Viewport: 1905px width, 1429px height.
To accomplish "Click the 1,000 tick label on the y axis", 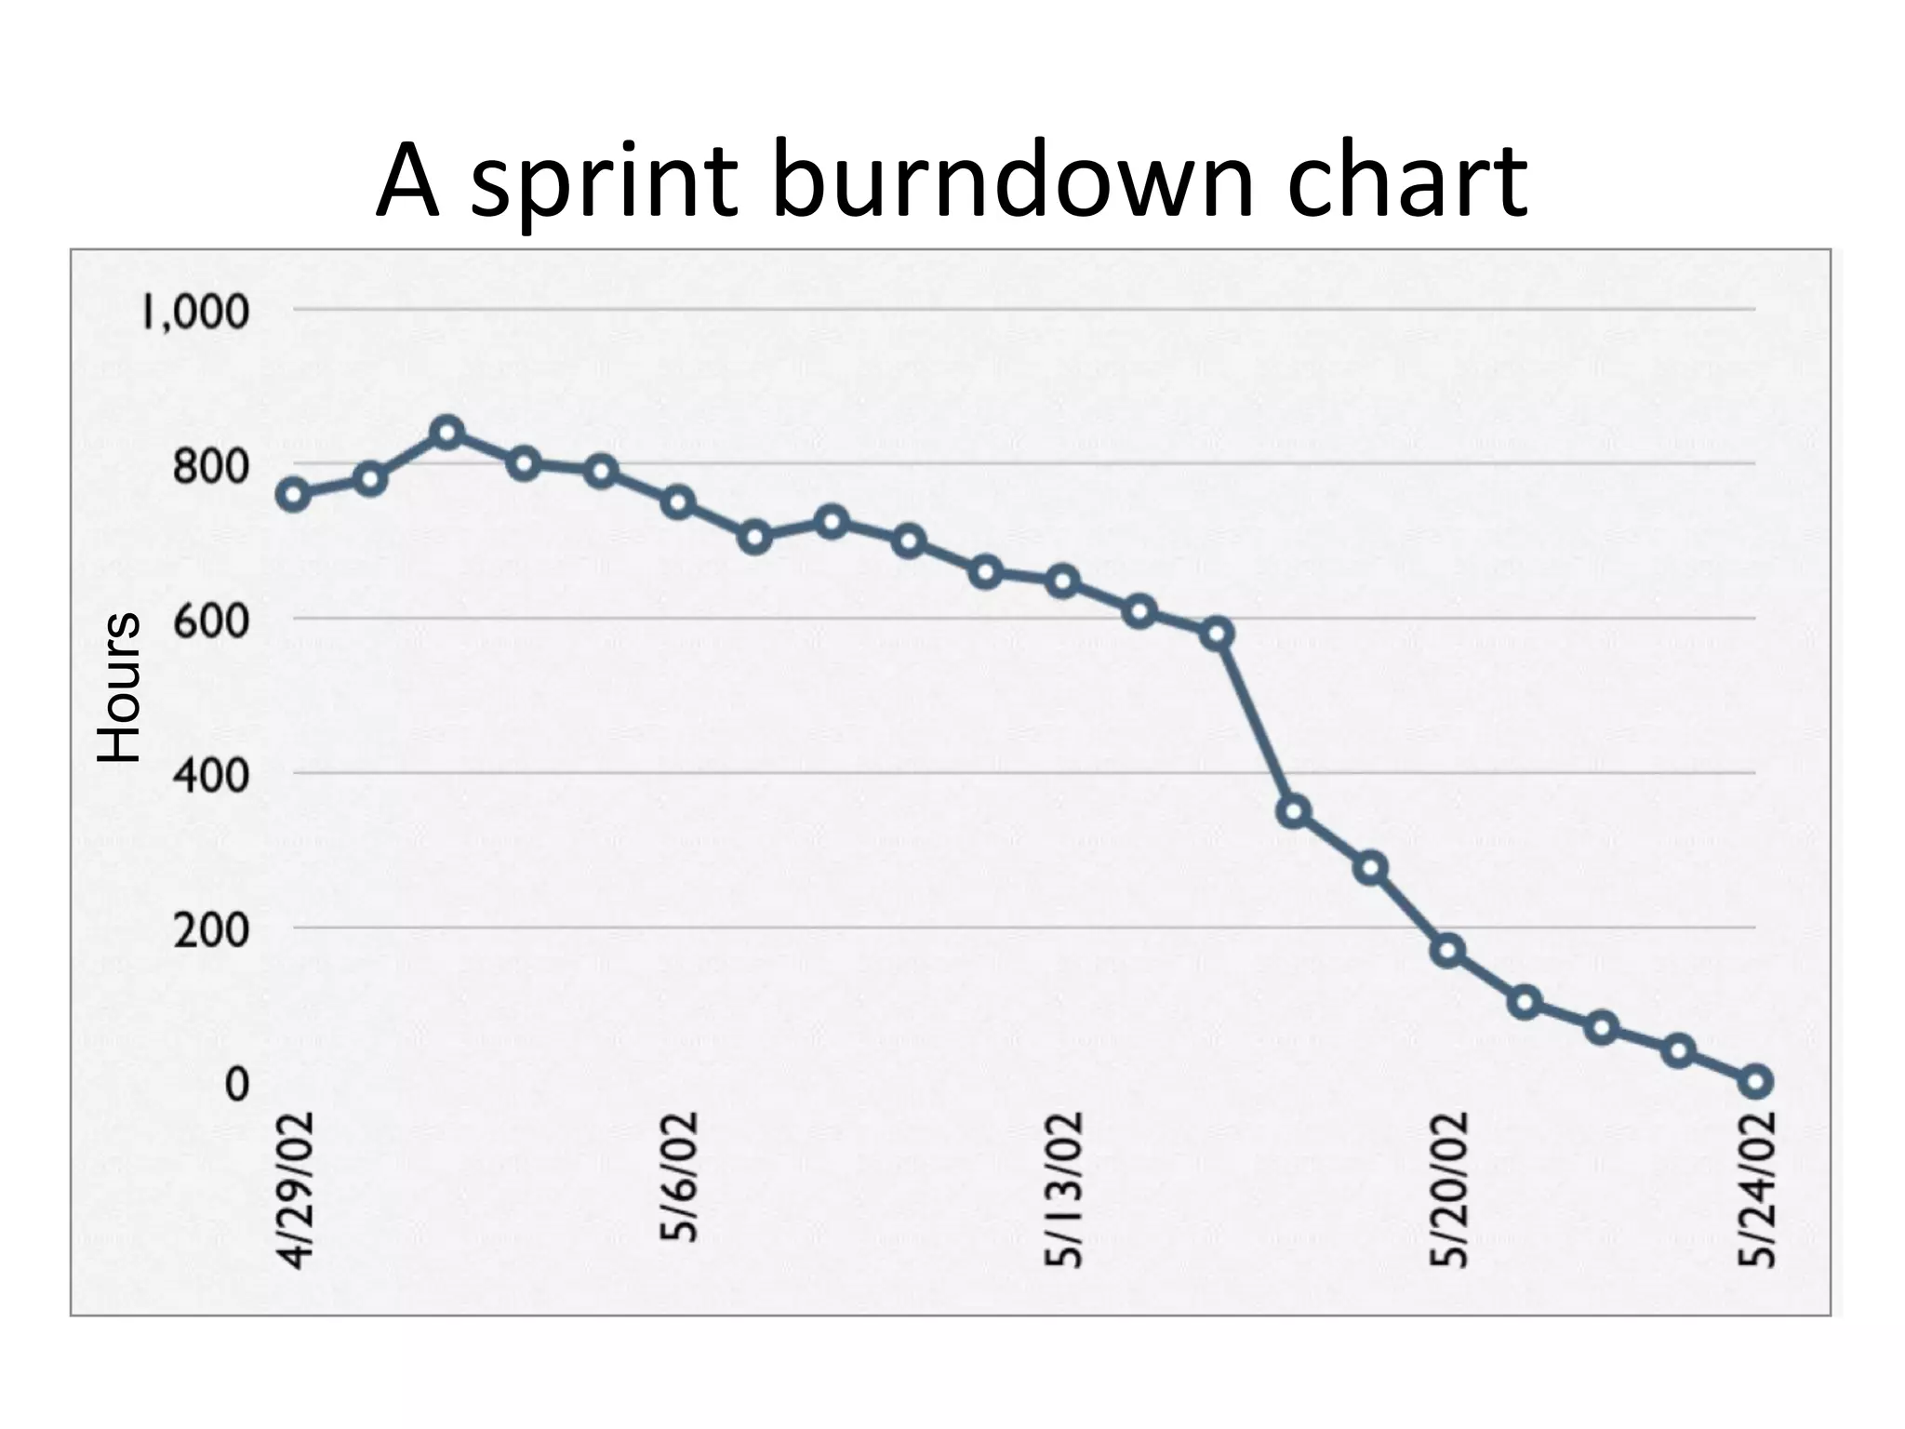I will point(195,312).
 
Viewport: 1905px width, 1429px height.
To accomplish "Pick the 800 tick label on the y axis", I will point(211,465).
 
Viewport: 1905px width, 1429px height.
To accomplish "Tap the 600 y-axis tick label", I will point(211,620).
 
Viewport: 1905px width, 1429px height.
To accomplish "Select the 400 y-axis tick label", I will point(211,774).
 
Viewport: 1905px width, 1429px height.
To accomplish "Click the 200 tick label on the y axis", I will point(211,928).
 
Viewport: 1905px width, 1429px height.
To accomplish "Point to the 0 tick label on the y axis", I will point(236,1084).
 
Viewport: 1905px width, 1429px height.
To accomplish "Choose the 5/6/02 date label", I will point(680,1176).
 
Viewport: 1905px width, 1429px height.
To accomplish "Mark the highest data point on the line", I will point(448,433).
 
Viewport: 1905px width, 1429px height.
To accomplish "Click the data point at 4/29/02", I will point(294,495).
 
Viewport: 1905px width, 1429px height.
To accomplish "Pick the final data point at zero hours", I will point(1756,1081).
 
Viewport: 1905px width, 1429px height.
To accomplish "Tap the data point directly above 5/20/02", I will point(1448,951).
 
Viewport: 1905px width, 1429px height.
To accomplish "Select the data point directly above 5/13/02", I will point(1062,582).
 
